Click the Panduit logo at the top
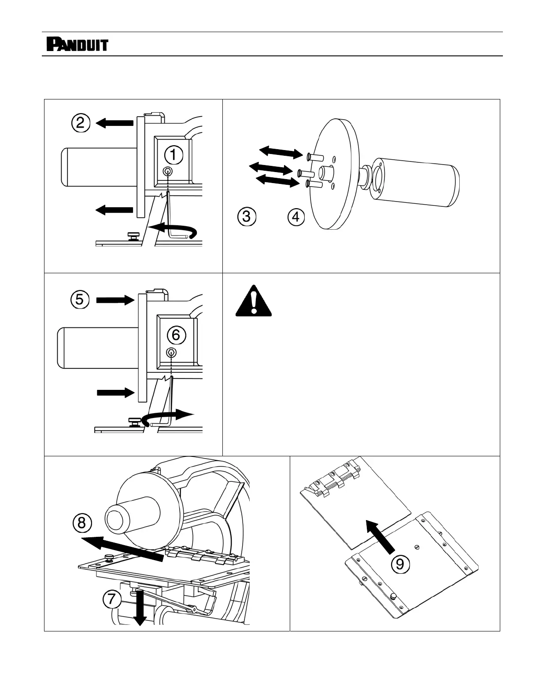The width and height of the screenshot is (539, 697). [77, 44]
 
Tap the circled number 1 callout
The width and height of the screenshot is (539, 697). [173, 154]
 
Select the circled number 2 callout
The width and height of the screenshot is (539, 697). [81, 123]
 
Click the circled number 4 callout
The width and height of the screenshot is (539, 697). [296, 217]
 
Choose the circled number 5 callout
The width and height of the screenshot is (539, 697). [80, 300]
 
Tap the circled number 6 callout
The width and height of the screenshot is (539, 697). [175, 335]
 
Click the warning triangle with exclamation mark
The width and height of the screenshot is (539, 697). [253, 301]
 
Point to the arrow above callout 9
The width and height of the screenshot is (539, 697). [381, 536]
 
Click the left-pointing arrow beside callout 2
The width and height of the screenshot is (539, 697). [114, 123]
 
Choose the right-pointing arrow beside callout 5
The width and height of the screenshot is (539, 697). [115, 300]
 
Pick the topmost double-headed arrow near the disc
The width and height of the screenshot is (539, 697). [281, 152]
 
